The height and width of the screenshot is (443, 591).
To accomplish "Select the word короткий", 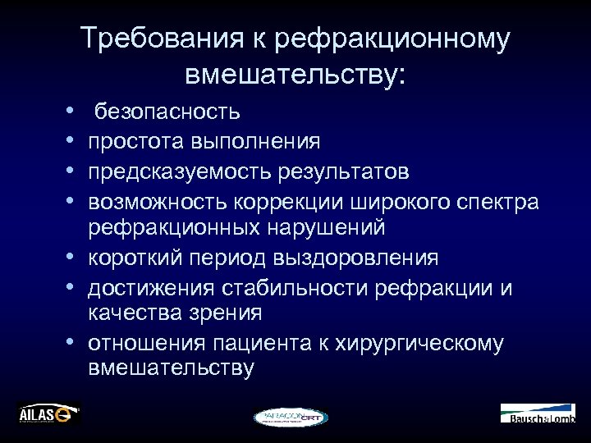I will pos(137,258).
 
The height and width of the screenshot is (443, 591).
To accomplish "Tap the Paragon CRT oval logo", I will pos(291,417).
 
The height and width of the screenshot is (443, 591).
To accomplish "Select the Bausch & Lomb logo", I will pos(538,413).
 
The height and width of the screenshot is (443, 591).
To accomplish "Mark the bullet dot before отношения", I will pos(73,342).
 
